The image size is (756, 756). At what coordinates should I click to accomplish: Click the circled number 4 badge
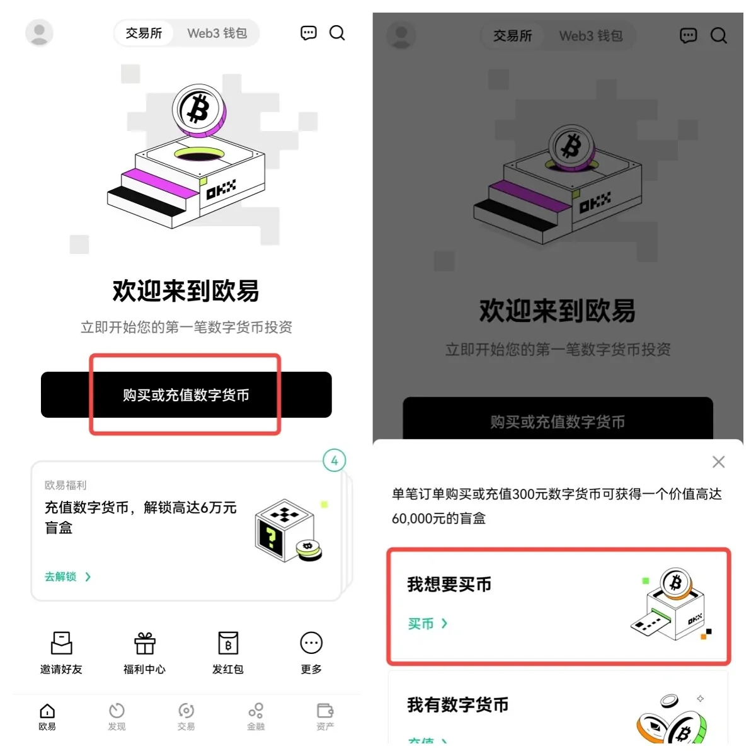coord(334,461)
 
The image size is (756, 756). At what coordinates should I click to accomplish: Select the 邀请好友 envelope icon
coord(61,643)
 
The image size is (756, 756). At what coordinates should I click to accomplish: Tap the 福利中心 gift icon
coord(144,643)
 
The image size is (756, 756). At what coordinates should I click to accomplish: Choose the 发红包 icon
coord(227,643)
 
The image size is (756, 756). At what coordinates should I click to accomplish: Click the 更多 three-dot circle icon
coord(311,643)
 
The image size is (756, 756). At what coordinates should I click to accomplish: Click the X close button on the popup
coord(718,462)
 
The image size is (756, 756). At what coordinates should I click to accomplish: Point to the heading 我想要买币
coord(449,585)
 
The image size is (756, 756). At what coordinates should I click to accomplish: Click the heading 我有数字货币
coord(458,705)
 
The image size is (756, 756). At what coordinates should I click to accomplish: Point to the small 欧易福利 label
coord(66,485)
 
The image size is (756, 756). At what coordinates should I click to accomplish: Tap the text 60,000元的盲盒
coord(438,518)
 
